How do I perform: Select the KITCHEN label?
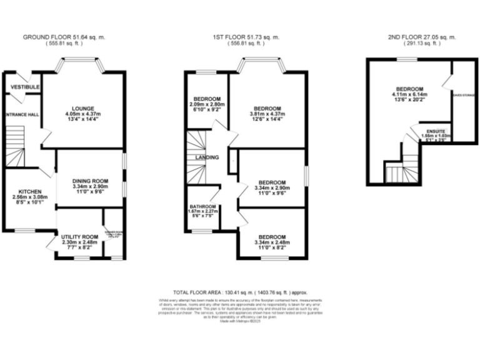(29, 191)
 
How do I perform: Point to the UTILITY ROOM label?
(81, 237)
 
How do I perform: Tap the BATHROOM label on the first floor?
(204, 207)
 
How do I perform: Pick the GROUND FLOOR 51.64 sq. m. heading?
(64, 37)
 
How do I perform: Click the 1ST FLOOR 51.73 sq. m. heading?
(244, 37)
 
